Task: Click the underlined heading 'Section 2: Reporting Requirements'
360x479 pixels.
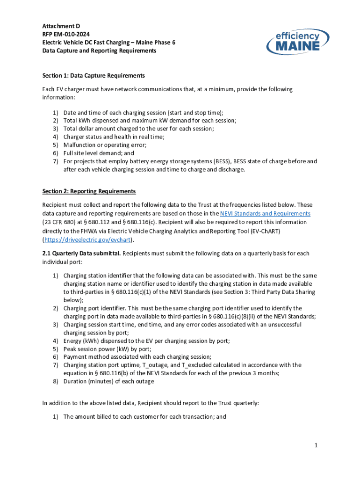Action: click(x=89, y=191)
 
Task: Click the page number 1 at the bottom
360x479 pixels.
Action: click(x=316, y=446)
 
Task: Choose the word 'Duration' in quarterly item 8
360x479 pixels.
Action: click(x=75, y=381)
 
